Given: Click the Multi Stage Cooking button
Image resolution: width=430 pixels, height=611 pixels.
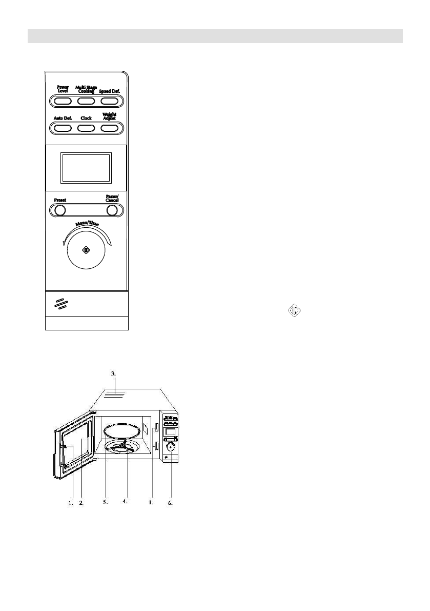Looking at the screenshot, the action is [x=86, y=101].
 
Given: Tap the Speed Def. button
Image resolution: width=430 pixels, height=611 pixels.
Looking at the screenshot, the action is [x=109, y=101].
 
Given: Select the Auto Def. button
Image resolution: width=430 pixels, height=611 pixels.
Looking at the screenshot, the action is [x=63, y=127].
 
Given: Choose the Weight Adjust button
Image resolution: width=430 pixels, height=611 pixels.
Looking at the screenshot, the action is [x=109, y=127].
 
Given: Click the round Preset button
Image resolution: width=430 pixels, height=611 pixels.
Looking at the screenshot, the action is [x=60, y=210].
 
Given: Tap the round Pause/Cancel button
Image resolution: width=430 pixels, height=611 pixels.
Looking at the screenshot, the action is [x=112, y=210].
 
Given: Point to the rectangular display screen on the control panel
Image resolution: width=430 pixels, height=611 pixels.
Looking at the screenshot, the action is [x=86, y=168].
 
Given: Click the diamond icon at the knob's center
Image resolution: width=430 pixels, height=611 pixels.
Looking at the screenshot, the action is [x=86, y=250].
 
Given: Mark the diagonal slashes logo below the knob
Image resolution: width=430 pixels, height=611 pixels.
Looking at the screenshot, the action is [x=62, y=304].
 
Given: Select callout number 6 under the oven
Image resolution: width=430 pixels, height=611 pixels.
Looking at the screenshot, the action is [x=170, y=503].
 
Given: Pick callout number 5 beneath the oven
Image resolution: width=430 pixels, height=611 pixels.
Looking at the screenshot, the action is [x=105, y=503].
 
